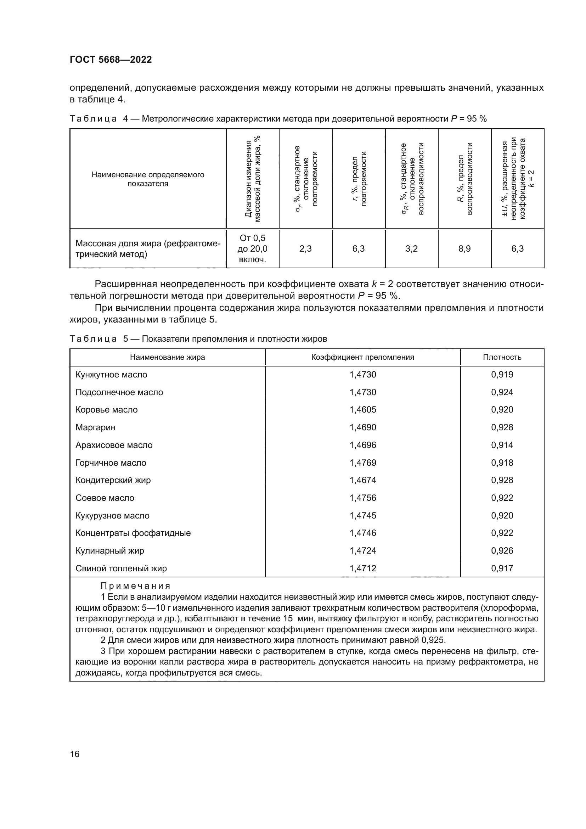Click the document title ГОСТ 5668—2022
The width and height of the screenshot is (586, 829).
point(111,60)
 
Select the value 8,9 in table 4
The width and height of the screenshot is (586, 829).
point(464,249)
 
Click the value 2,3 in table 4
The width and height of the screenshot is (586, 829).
point(305,249)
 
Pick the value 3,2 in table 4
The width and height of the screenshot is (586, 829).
point(411,249)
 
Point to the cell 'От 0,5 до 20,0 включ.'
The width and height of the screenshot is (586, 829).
point(252,249)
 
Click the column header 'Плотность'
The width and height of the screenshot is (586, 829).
point(502,358)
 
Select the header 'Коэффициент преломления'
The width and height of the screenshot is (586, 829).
point(363,358)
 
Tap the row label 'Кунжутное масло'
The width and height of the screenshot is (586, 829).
point(111,375)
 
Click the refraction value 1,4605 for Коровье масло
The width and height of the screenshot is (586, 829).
point(363,410)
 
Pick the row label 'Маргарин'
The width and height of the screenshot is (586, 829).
point(95,427)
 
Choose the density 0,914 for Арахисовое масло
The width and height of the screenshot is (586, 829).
point(502,445)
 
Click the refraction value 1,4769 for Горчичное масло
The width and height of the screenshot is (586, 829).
point(363,463)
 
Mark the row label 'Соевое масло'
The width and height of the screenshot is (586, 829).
point(105,498)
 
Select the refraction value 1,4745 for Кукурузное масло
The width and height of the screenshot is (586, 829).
point(363,516)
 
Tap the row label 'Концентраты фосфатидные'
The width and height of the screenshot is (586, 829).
point(133,533)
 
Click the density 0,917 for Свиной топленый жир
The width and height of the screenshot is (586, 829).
point(502,568)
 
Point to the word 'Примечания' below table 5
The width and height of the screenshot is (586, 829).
point(135,586)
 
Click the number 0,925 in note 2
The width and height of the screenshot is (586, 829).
point(433,640)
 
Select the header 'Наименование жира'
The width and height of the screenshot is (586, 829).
point(167,358)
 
